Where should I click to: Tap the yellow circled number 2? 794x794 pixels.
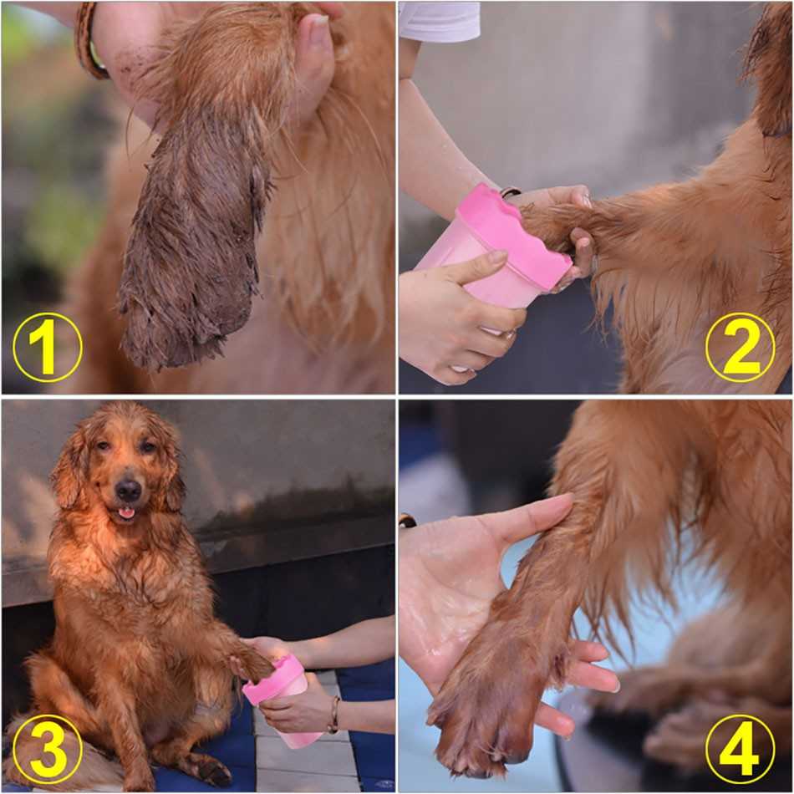(x=740, y=348)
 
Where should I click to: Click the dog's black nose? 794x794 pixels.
(x=128, y=490)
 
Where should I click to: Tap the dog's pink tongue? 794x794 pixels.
(x=126, y=514)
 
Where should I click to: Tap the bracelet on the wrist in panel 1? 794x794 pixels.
(x=91, y=40)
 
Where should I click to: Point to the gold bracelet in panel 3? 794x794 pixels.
(x=333, y=715)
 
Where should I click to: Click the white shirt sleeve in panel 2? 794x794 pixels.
(x=439, y=20)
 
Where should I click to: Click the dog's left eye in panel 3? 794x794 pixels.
(x=149, y=446)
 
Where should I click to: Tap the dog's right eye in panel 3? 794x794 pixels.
(x=104, y=445)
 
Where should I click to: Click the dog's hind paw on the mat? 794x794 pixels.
(x=212, y=771)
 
